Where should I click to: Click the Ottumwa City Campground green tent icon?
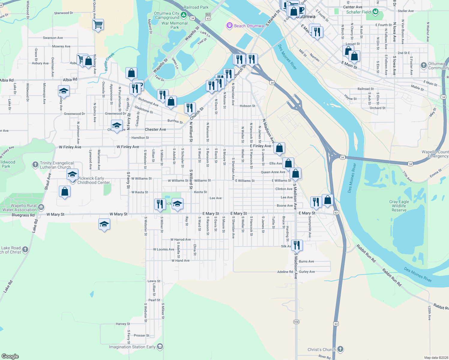click(x=184, y=15)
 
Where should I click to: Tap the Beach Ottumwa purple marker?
click(x=230, y=26)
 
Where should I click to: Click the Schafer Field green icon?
click(x=375, y=12)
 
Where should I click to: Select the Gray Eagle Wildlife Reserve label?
click(x=399, y=206)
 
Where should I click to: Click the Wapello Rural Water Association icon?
click(x=41, y=207)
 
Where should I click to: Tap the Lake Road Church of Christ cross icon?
click(x=25, y=249)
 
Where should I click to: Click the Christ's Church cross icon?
click(x=340, y=349)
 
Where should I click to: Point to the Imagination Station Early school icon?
click(x=160, y=346)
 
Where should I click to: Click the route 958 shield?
click(x=296, y=322)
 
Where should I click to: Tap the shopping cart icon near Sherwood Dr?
click(x=98, y=25)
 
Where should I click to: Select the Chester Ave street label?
click(x=155, y=130)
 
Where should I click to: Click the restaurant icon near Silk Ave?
click(x=297, y=245)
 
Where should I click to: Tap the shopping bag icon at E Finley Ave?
click(x=279, y=148)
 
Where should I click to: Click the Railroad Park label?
click(x=196, y=7)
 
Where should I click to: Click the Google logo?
click(x=10, y=356)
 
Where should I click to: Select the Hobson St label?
click(x=247, y=106)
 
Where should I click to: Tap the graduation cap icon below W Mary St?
click(x=104, y=224)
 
